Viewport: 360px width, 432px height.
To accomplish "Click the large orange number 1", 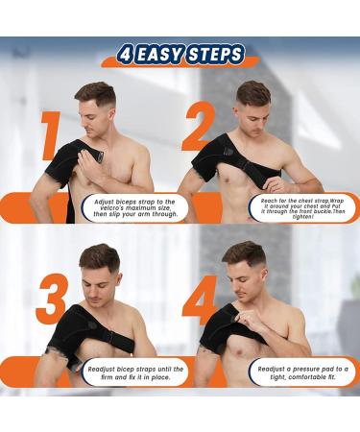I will tap(50, 134).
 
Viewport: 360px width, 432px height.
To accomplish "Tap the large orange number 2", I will tap(199, 130).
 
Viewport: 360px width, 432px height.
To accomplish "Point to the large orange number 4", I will tap(200, 300).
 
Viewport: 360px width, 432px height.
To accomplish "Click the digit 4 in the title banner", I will tap(124, 54).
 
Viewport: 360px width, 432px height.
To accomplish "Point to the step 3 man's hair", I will tap(100, 254).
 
